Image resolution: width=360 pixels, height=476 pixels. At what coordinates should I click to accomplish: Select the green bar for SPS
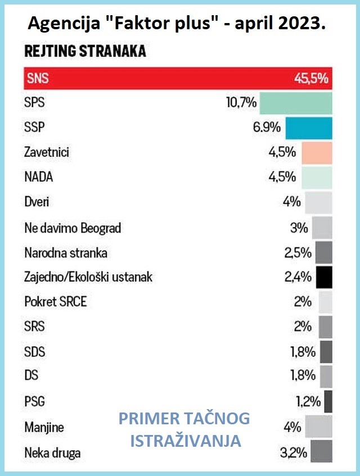(x=296, y=103)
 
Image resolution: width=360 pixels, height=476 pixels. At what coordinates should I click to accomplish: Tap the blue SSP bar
(x=309, y=128)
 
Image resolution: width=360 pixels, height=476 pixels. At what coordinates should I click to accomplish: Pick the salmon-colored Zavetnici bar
(x=317, y=152)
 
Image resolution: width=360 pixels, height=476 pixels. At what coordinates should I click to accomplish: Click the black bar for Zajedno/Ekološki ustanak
(x=324, y=276)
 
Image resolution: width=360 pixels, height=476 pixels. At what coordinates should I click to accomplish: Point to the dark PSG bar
(x=328, y=401)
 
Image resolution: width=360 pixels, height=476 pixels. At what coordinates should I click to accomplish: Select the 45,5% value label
(x=310, y=79)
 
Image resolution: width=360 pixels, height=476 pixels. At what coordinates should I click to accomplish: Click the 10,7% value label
(x=241, y=103)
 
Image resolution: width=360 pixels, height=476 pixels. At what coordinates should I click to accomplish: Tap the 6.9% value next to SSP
(x=267, y=128)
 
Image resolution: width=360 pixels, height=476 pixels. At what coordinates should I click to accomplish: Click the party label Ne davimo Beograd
(x=73, y=228)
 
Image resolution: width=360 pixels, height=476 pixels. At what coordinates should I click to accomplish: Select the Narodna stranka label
(x=66, y=253)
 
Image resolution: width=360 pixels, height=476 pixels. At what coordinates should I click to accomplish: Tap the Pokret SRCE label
(x=56, y=302)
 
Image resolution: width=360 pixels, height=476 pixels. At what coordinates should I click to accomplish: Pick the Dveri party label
(x=37, y=202)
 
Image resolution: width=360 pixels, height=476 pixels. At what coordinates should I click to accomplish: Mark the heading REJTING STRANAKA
(x=85, y=52)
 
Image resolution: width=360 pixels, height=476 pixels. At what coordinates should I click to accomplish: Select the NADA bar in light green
(x=317, y=177)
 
